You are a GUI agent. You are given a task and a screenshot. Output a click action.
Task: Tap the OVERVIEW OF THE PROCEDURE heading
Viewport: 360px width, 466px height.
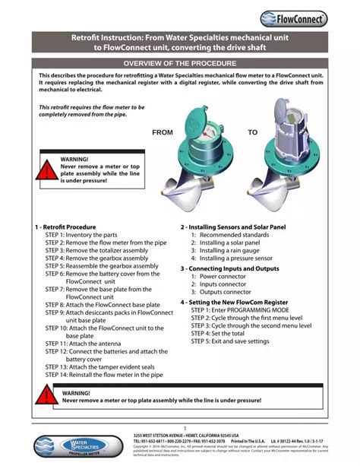pos(180,64)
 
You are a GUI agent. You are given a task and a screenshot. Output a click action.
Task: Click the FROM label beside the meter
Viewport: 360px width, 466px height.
pos(163,132)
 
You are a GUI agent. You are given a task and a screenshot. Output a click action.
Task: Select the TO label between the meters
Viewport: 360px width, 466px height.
pos(252,132)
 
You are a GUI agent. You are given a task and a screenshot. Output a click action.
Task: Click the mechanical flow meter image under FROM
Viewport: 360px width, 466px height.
pos(206,160)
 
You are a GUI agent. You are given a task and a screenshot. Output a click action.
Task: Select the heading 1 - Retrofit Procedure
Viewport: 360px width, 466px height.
pos(65,227)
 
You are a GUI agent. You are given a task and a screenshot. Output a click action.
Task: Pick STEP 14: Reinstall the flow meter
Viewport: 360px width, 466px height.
pos(103,375)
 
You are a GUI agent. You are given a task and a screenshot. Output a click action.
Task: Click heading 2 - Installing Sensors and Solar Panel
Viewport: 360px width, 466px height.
pos(232,227)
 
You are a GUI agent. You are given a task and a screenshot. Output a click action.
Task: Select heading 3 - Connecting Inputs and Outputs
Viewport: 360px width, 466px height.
pos(229,269)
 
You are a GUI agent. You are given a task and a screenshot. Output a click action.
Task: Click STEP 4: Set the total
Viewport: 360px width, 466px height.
pos(218,334)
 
